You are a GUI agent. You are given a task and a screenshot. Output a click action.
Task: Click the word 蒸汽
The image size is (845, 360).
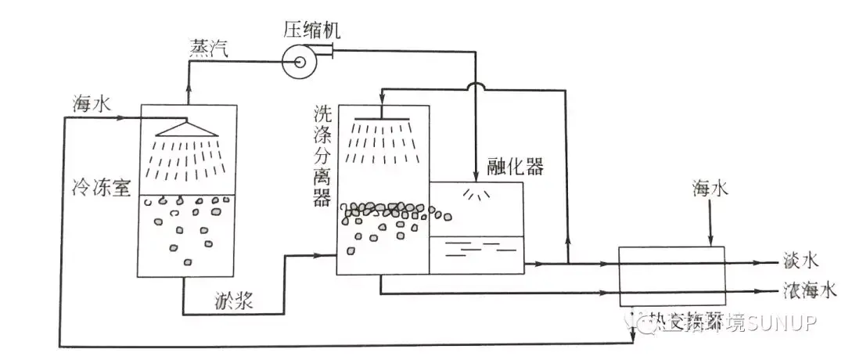click(209, 49)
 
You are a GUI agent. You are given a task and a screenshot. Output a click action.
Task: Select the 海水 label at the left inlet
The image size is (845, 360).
click(88, 103)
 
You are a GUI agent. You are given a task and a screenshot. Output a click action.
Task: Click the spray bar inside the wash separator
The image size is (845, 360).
click(383, 119)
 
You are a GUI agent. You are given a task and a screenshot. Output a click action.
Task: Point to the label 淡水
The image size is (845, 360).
click(800, 262)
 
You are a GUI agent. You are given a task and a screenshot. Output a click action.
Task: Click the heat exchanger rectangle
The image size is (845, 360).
click(671, 276)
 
